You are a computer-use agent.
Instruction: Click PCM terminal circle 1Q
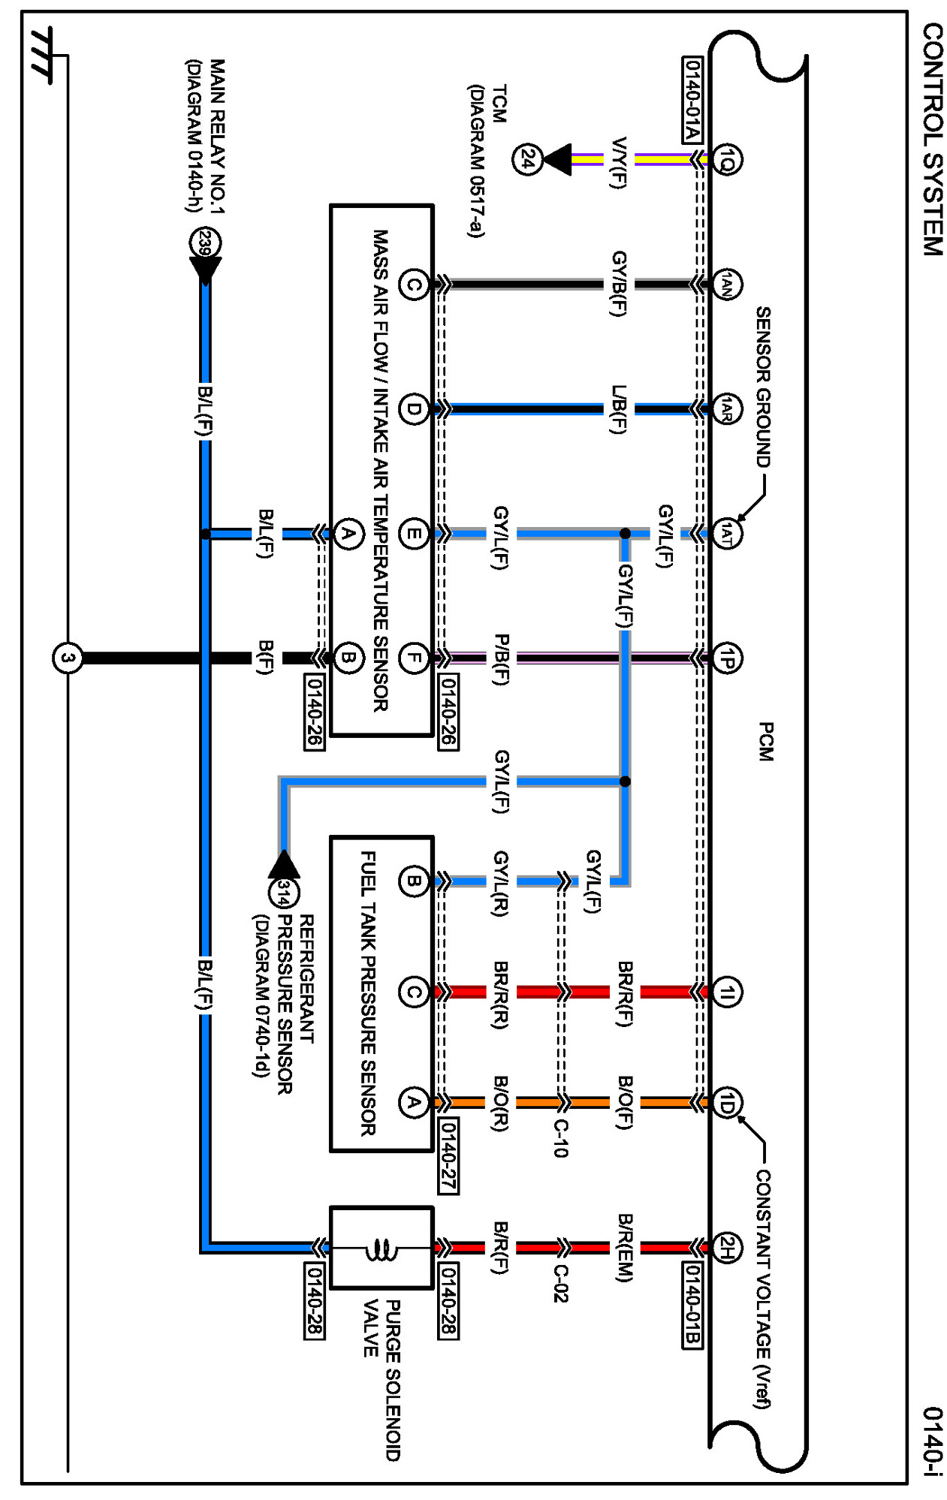tap(726, 159)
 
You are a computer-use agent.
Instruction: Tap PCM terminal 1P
tap(726, 658)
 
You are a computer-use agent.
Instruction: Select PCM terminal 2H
tap(726, 1248)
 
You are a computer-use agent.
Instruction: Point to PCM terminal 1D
tap(726, 1103)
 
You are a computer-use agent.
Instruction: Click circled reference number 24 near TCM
tap(527, 159)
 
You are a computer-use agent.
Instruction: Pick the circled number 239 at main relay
tap(205, 243)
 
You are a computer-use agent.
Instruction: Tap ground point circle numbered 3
tap(68, 658)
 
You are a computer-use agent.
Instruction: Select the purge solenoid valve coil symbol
tap(382, 1249)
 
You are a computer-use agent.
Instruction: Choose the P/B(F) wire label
tap(501, 659)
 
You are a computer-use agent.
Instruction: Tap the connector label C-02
tap(560, 1283)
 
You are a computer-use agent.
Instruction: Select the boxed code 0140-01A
tap(692, 99)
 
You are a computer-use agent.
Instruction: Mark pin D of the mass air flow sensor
tap(413, 409)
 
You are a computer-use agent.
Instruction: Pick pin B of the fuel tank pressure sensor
tap(413, 881)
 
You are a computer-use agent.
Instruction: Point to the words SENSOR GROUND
tap(763, 387)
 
